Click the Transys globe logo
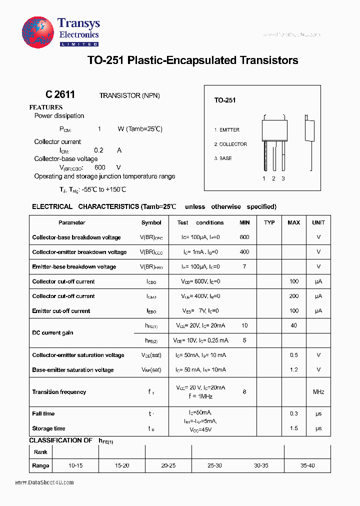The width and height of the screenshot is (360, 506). tap(37, 32)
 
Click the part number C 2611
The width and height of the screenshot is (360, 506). tap(60, 94)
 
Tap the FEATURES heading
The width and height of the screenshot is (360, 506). tap(46, 107)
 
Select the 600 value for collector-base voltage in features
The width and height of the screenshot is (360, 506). tap(99, 168)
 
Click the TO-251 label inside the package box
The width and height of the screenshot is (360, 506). tap(225, 100)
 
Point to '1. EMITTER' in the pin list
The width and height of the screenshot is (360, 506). tap(227, 130)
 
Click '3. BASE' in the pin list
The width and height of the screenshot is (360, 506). tap(223, 158)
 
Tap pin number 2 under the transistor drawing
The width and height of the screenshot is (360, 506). tap(273, 178)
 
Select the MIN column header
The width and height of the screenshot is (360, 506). tap(244, 222)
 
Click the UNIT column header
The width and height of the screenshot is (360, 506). tap(318, 222)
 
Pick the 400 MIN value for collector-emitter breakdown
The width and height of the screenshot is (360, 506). tap(244, 252)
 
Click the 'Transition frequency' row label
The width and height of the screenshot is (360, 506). tap(59, 392)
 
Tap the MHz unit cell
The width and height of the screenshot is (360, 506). tap(318, 392)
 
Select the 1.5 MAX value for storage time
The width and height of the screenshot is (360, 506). tap(293, 428)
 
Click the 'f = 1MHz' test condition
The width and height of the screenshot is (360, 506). tap(200, 396)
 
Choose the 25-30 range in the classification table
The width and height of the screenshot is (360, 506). tap(214, 465)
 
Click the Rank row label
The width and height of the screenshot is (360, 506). tap(40, 452)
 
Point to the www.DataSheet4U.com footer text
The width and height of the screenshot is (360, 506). tap(44, 482)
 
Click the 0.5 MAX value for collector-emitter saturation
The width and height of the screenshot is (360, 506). tap(293, 355)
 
